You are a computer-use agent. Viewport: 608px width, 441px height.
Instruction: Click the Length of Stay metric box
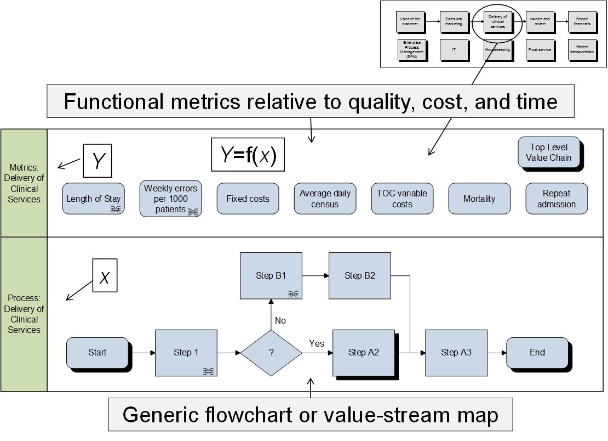93,199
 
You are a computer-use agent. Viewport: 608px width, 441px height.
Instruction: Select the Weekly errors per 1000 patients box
170,199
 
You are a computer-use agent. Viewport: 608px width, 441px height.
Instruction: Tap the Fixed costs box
248,199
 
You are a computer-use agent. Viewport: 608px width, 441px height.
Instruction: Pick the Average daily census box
325,199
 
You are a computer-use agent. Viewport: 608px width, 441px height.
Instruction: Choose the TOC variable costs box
402,199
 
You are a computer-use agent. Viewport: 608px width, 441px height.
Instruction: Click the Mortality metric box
479,199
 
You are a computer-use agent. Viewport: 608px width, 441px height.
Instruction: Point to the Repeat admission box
557,199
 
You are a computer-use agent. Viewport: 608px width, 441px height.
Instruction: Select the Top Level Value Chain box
549,152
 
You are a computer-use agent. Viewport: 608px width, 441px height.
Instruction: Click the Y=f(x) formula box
248,155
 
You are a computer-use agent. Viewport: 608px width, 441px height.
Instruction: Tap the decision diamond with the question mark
271,353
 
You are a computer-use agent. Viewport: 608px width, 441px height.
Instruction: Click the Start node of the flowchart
97,353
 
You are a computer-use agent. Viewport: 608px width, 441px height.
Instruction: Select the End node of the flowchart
537,353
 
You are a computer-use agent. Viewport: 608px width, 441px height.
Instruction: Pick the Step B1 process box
271,275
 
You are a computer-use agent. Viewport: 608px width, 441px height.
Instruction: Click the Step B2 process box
360,275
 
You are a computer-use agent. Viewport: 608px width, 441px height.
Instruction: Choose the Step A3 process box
456,353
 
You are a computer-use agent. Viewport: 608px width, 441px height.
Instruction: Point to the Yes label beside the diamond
317,344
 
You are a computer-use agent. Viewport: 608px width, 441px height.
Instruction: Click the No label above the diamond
280,320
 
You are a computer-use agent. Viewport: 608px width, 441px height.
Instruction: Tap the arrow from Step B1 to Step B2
315,275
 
